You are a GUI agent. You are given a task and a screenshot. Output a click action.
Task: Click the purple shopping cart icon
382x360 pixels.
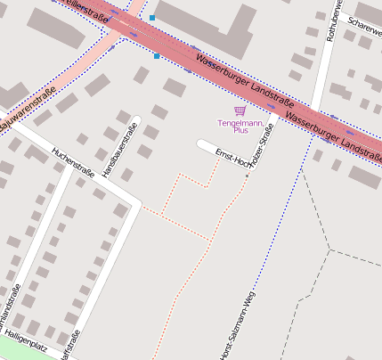pyautogui.click(x=239, y=110)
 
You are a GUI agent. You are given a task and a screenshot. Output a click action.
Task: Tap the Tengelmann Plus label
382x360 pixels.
pyautogui.click(x=233, y=126)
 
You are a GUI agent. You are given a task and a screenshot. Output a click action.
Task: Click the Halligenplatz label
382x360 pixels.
pyautogui.click(x=25, y=342)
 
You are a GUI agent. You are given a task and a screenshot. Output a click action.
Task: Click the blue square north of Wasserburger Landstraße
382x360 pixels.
pyautogui.click(x=152, y=18)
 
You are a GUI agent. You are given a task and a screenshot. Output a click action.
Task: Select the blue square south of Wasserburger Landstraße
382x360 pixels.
pyautogui.click(x=157, y=56)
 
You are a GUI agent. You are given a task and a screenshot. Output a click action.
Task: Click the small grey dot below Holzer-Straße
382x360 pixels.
pyautogui.click(x=248, y=176)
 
